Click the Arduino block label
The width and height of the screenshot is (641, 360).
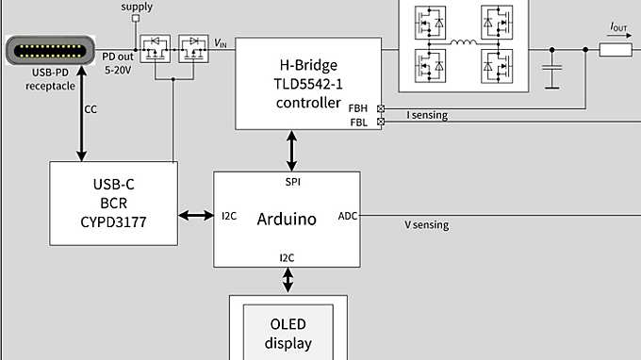287,219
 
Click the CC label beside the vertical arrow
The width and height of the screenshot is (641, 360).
90,109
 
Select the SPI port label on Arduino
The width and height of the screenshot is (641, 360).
293,180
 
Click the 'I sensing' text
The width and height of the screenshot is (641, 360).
427,116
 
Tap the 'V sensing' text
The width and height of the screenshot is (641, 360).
427,225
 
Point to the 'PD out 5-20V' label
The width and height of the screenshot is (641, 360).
119,62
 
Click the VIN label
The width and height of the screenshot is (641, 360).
221,42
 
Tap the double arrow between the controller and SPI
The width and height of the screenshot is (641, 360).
293,150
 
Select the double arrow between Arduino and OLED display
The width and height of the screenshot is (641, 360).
288,280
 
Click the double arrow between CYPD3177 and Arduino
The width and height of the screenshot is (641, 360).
197,217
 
